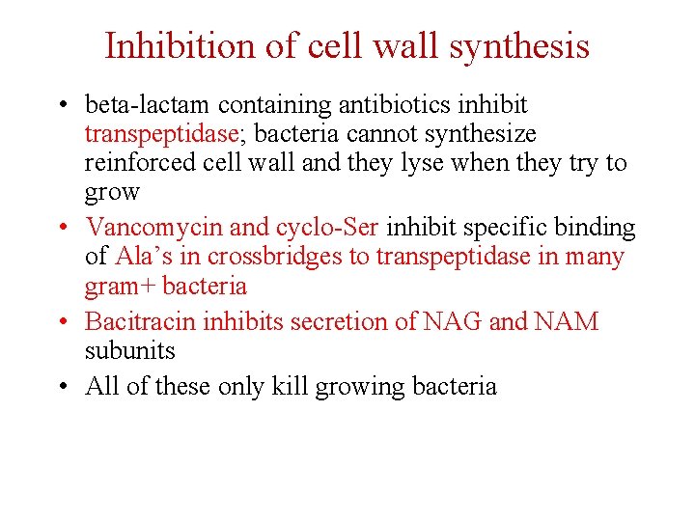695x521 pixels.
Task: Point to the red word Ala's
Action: click(145, 257)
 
